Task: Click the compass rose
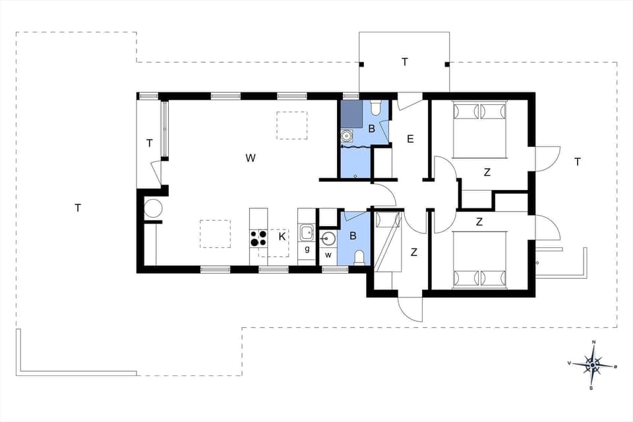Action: click(593, 365)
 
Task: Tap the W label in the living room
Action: click(251, 158)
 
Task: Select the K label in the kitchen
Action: click(282, 236)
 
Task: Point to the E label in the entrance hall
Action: click(410, 138)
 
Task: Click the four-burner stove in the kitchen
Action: click(258, 237)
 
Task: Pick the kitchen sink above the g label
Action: click(307, 231)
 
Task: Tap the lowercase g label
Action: click(307, 249)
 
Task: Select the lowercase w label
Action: click(328, 255)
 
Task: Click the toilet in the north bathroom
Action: click(375, 107)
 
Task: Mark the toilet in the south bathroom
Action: click(359, 256)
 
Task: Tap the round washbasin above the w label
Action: click(328, 239)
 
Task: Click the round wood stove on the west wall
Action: click(153, 208)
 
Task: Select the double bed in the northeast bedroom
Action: click(479, 129)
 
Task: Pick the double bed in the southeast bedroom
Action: click(479, 260)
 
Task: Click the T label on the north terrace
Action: click(405, 62)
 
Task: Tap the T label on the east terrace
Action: click(578, 162)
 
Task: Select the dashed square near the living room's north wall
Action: click(292, 125)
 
